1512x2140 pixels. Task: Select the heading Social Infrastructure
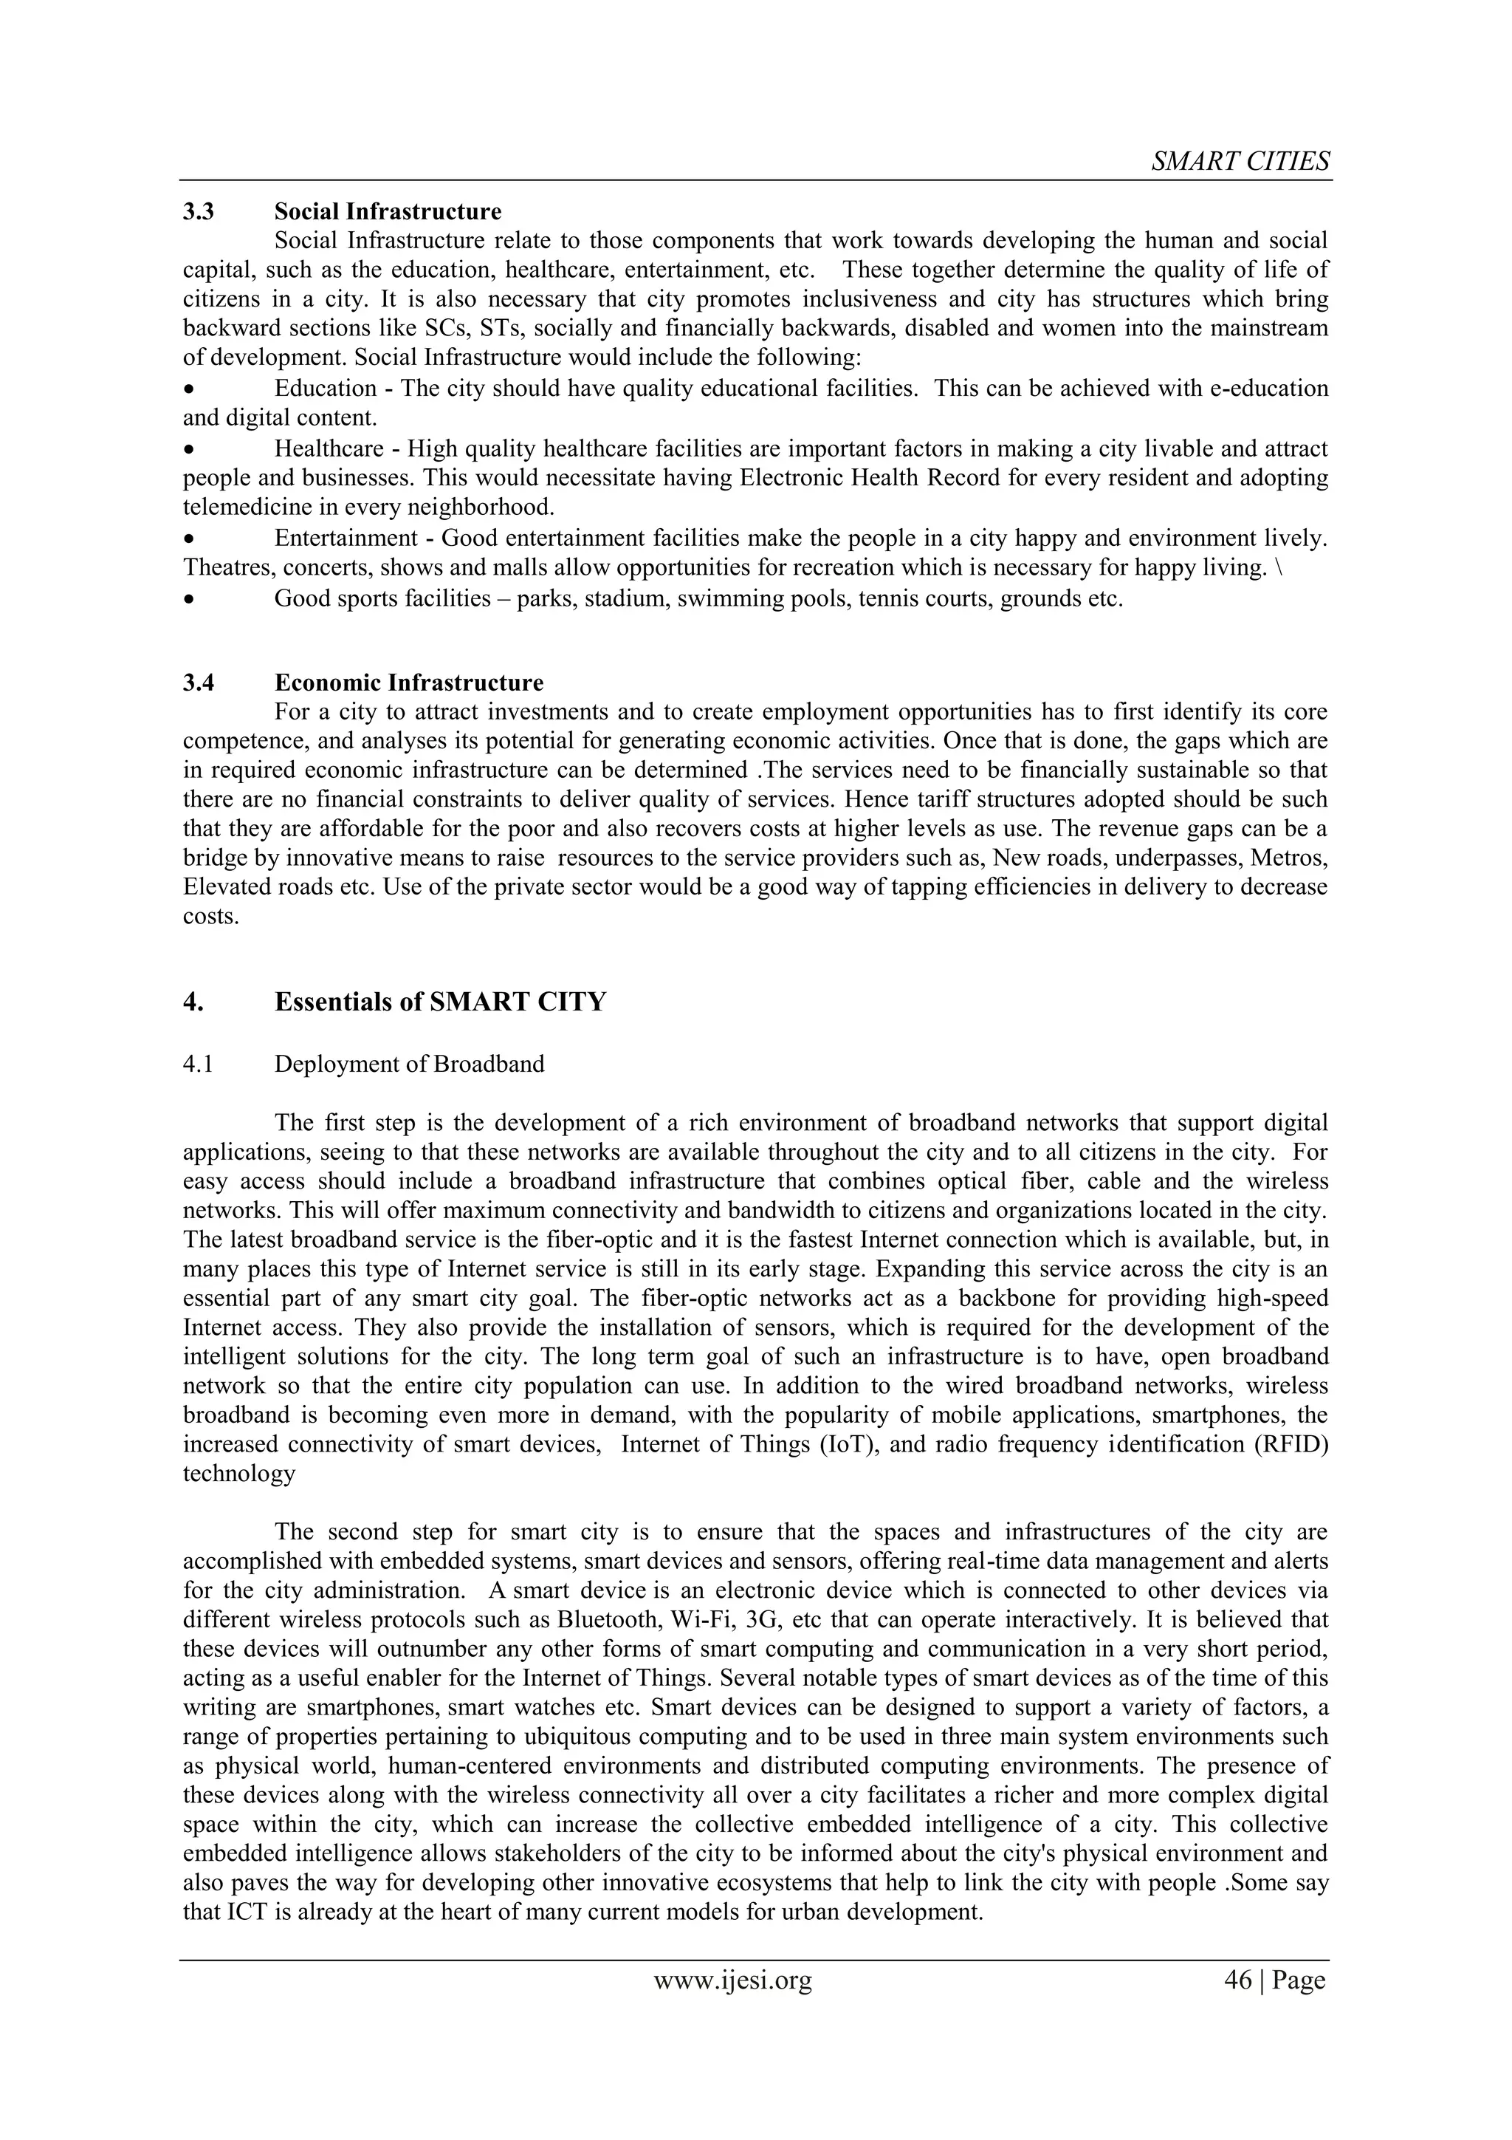pos(388,211)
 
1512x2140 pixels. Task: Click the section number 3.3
pos(199,211)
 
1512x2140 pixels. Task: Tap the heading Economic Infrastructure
pos(408,683)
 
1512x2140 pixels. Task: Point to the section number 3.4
pos(199,683)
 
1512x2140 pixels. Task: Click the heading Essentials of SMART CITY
pos(440,1002)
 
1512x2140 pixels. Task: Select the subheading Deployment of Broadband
pos(409,1064)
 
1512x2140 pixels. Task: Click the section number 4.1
pos(198,1064)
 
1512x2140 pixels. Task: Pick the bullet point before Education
pos(189,389)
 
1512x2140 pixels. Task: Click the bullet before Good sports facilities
pos(189,599)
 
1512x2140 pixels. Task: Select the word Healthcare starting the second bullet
pos(328,448)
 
